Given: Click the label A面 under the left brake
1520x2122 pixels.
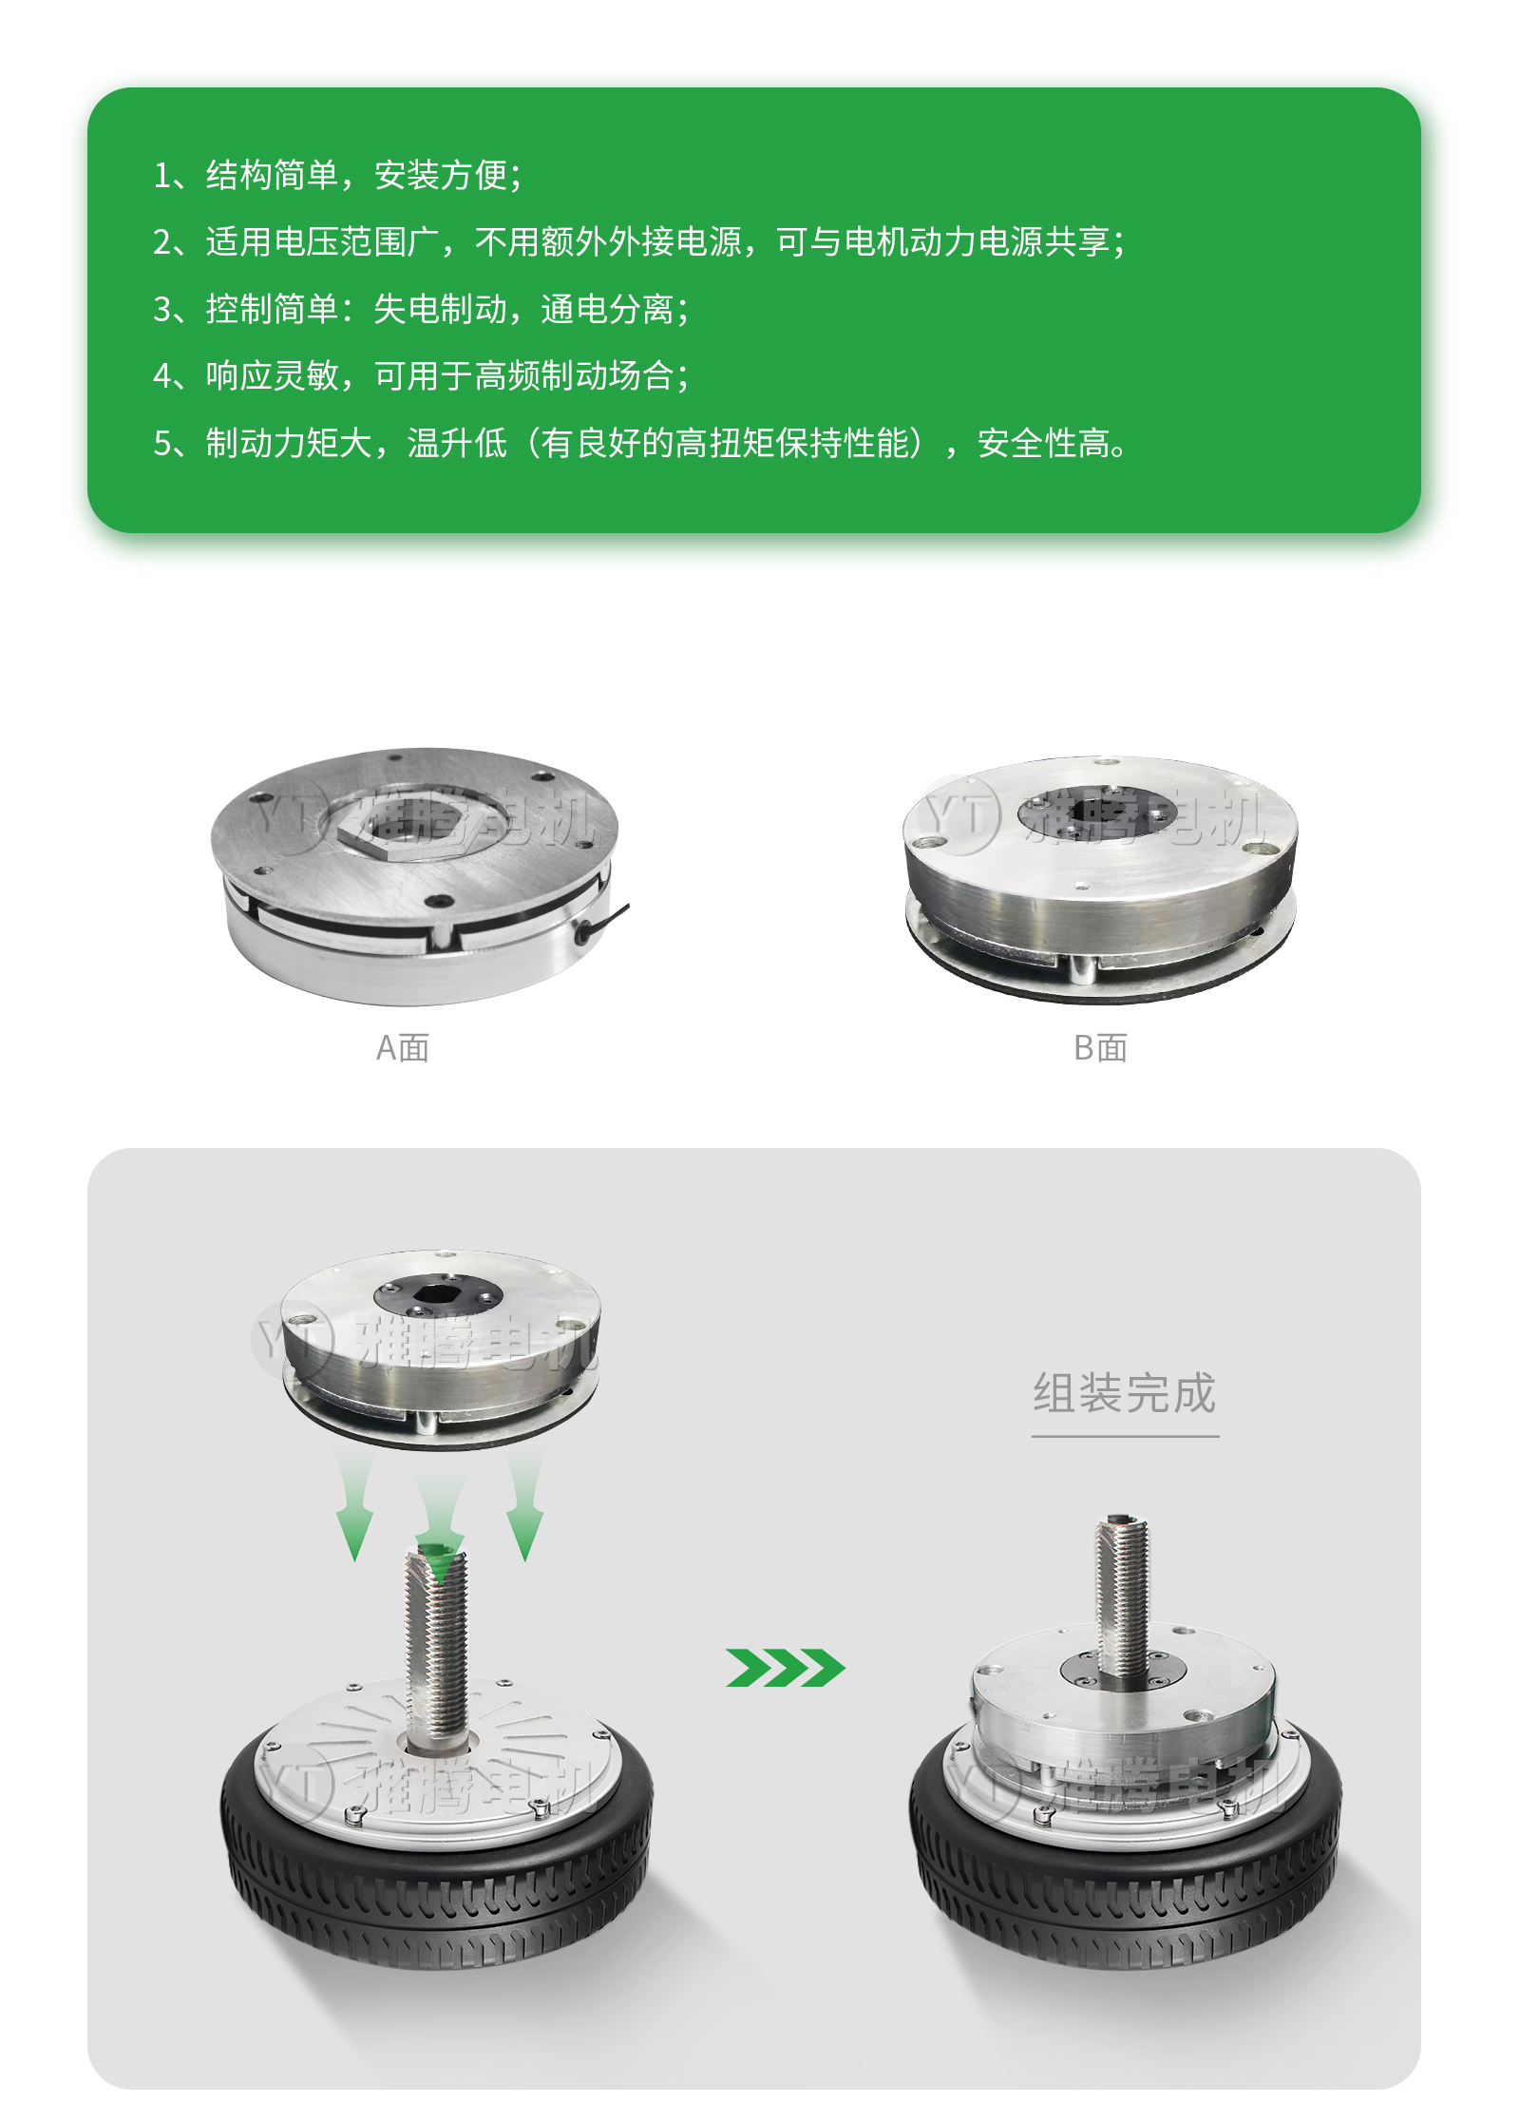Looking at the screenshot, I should (403, 1048).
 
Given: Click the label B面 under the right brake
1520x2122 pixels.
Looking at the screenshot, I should (1100, 1048).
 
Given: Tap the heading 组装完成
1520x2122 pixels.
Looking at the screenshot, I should (1125, 1393).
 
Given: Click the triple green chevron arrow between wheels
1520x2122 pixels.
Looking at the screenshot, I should (785, 1668).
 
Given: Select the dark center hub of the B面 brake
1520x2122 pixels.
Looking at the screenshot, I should (1096, 813).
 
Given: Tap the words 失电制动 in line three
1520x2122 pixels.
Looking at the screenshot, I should (440, 310).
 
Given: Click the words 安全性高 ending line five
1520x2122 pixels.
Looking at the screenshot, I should (1043, 444).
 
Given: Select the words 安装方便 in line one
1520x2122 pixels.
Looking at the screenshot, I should (441, 176).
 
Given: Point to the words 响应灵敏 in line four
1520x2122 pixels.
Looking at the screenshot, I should (273, 376).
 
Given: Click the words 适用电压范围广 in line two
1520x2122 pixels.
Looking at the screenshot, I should (322, 242).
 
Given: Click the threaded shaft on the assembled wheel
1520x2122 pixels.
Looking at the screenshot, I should (1123, 1596).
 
